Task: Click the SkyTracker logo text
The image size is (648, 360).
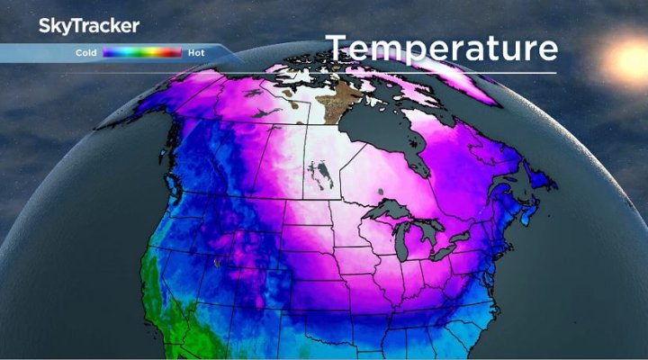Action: (88, 26)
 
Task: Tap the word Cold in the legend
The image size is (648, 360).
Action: (86, 53)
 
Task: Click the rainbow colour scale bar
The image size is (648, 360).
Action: (142, 53)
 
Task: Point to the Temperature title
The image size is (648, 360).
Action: (441, 47)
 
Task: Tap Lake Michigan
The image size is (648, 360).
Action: (407, 245)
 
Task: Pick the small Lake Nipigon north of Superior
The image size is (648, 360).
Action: (382, 192)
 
